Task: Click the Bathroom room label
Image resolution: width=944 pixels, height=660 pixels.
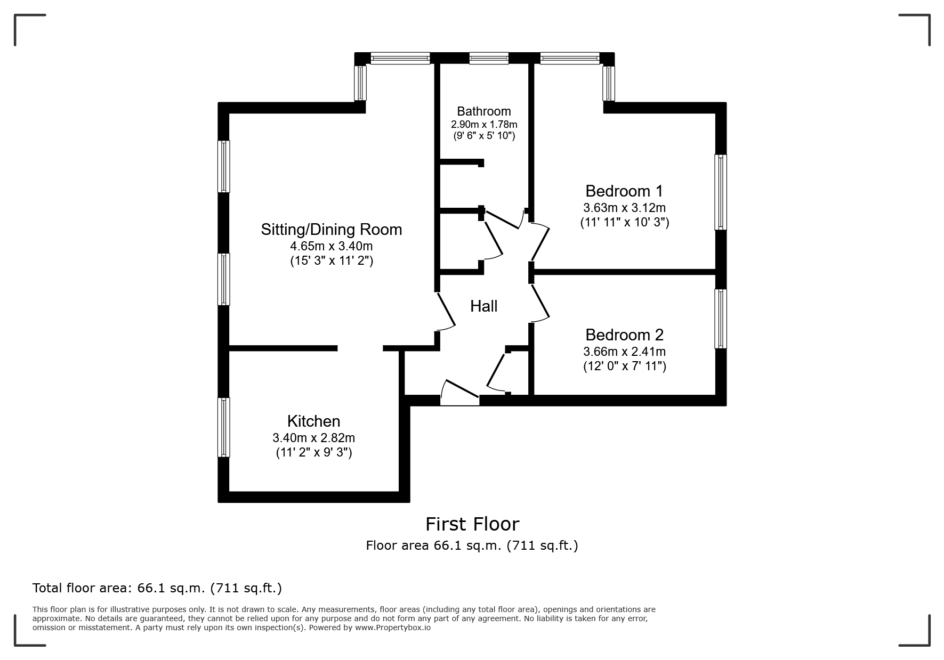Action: [483, 111]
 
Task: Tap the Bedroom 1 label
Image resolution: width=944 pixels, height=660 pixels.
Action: [624, 191]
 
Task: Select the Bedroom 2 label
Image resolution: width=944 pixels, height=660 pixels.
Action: [624, 335]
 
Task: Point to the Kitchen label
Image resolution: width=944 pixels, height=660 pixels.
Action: [313, 421]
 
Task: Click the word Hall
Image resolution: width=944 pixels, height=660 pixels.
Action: [483, 306]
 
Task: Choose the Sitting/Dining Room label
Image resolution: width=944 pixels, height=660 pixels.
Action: [331, 230]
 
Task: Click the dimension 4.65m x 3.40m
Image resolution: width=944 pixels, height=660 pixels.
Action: [331, 246]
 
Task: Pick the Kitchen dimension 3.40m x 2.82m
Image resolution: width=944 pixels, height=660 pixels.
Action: [313, 438]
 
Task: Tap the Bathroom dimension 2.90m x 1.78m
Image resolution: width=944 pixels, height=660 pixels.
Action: [484, 124]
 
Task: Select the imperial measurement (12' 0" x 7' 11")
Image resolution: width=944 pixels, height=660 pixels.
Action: [624, 366]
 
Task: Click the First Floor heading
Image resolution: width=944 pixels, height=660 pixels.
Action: [472, 524]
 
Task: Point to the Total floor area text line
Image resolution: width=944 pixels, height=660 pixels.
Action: [157, 588]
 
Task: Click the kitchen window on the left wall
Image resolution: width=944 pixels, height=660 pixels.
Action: [224, 427]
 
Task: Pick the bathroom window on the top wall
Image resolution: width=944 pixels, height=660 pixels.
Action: [489, 58]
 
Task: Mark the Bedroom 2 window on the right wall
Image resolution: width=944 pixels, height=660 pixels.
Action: [721, 319]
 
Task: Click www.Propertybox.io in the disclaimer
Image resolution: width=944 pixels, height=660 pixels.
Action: [393, 628]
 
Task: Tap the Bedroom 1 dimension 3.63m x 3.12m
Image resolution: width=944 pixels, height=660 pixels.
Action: [624, 208]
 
